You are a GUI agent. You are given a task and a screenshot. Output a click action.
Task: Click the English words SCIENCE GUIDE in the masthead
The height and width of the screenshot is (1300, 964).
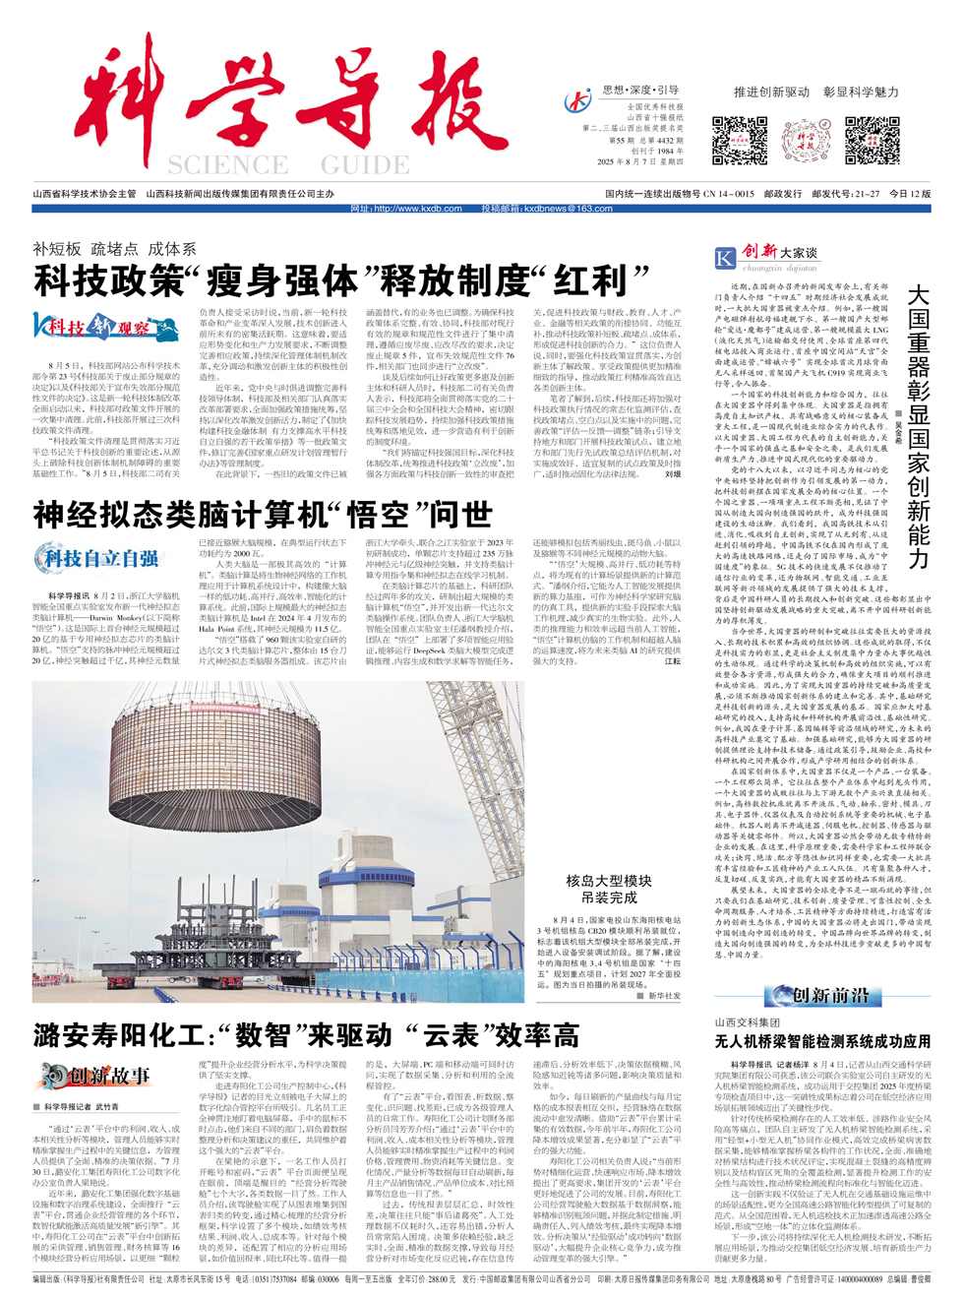click(x=287, y=164)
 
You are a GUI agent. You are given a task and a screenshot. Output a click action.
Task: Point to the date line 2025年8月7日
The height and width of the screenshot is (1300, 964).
click(x=639, y=162)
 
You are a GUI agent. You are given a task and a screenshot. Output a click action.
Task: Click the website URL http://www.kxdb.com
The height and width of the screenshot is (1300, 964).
click(x=406, y=209)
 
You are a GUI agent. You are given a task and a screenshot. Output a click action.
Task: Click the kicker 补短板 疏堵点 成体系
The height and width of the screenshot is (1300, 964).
click(x=114, y=249)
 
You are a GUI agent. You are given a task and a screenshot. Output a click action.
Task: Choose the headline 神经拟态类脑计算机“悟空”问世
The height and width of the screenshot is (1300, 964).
click(x=263, y=514)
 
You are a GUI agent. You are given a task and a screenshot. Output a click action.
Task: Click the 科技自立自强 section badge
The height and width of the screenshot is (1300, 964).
click(x=96, y=559)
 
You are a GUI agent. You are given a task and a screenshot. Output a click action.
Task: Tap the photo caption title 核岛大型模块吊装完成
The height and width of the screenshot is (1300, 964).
click(x=609, y=889)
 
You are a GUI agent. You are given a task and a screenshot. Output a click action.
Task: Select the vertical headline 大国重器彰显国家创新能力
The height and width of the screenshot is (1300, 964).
click(x=918, y=426)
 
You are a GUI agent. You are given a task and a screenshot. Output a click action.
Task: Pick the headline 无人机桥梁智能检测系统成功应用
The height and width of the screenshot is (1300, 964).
click(x=822, y=1041)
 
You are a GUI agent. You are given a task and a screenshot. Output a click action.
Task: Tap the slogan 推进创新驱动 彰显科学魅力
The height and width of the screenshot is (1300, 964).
click(x=815, y=92)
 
